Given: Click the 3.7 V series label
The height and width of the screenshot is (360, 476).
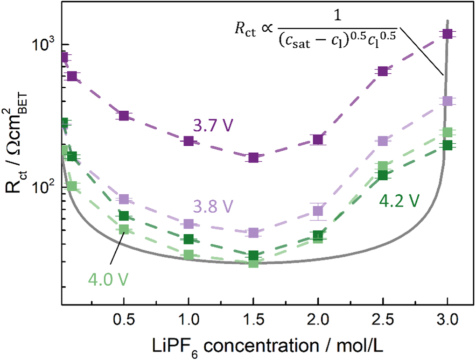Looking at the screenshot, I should [212, 125].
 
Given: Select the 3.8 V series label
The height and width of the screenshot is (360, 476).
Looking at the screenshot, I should [212, 206].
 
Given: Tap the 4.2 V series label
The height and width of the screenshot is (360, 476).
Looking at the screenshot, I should [399, 200].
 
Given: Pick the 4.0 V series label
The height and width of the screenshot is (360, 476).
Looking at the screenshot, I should [108, 281].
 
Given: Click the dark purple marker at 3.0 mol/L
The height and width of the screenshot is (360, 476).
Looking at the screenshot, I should [448, 34].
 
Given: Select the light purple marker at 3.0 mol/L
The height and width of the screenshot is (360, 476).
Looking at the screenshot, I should [448, 101].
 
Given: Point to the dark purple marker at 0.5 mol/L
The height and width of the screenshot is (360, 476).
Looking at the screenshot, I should [124, 115].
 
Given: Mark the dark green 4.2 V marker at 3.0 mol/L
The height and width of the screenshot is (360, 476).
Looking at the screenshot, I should [448, 145].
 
